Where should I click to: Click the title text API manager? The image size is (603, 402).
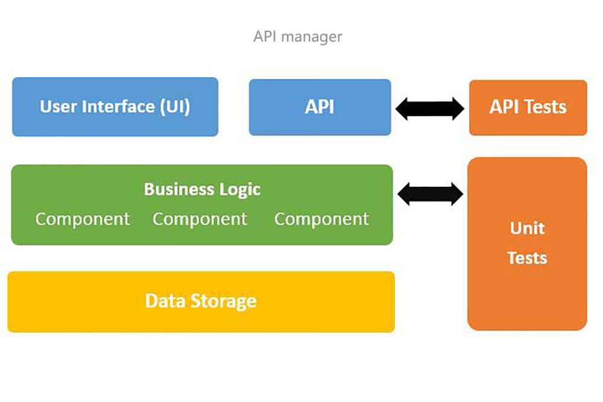(x=298, y=37)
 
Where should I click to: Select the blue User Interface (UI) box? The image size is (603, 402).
(x=115, y=107)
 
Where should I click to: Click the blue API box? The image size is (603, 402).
(x=320, y=107)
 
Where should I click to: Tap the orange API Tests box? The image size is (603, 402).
(x=528, y=108)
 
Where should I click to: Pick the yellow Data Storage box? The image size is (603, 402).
(x=201, y=302)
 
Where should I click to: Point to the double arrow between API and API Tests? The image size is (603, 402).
(x=430, y=108)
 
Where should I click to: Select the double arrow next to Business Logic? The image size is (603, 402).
(x=431, y=194)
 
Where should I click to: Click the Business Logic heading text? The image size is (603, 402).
(x=202, y=189)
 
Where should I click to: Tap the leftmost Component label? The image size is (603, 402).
(x=83, y=219)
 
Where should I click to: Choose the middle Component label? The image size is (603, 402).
(x=200, y=219)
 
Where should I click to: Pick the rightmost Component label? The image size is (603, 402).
(x=321, y=219)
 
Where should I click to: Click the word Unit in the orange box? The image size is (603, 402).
(x=527, y=228)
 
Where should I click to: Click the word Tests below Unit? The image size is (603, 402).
(x=527, y=258)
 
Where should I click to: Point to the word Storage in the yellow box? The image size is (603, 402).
(x=224, y=301)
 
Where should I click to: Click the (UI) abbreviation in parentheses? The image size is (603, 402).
(x=175, y=107)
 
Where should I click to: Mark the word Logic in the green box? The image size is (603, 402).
(x=240, y=190)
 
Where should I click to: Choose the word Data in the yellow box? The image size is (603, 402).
(x=166, y=301)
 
